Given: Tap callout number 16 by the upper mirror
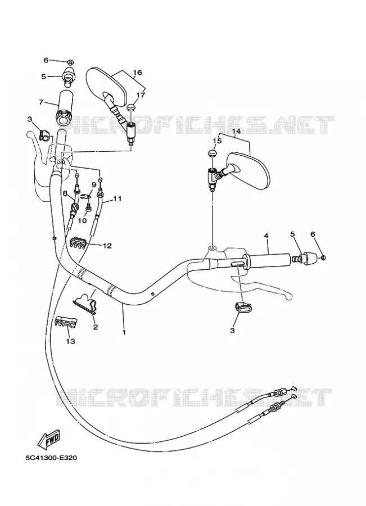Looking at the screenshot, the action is pos(137,73).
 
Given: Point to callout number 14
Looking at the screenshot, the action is pos(236,132).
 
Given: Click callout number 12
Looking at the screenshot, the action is pos(107,246).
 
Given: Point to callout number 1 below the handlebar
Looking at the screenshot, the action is pos(124,332).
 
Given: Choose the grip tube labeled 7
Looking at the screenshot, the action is pos(65,109).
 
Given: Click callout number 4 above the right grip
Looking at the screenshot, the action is pos(266,236).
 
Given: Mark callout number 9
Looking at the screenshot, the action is pos(94,185).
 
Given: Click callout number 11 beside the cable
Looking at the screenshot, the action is pos(117,198).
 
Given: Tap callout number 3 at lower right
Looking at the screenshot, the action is pos(232,331).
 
